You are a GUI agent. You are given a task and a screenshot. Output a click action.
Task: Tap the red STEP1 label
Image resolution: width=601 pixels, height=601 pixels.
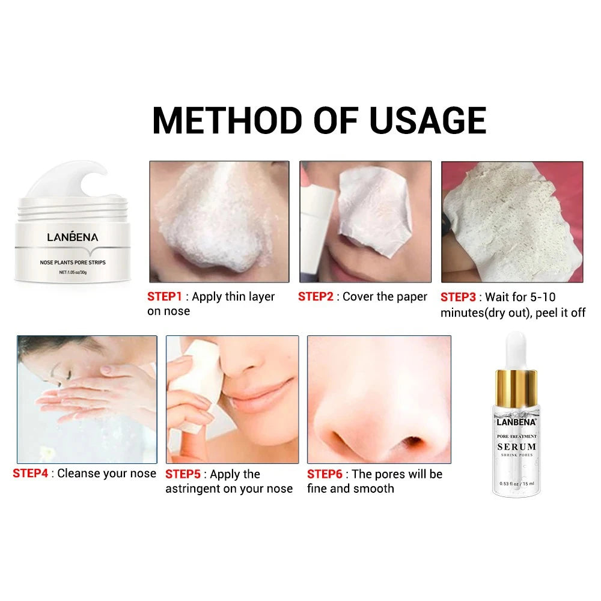point(165,296)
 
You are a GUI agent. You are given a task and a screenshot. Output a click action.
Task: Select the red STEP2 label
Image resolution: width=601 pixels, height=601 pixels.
point(316,296)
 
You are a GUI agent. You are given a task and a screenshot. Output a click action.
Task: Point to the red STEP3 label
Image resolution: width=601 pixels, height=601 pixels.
point(458,297)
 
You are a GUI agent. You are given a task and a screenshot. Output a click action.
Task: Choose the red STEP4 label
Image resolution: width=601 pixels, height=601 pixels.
point(30,474)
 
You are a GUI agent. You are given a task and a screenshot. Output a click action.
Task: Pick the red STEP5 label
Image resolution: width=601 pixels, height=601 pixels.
point(183,474)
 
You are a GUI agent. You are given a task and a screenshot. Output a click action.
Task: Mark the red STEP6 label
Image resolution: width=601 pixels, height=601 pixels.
point(325,474)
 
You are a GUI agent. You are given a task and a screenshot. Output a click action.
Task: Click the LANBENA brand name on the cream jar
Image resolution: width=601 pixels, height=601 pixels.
point(73,237)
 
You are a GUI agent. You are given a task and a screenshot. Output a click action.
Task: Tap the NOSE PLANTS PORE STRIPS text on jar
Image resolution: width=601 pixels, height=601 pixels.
point(73,263)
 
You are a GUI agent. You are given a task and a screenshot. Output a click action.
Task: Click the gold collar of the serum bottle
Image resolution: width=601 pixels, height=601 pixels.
point(516,388)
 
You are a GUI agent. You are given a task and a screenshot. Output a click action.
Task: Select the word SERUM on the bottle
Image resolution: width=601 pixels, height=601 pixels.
point(517,447)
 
